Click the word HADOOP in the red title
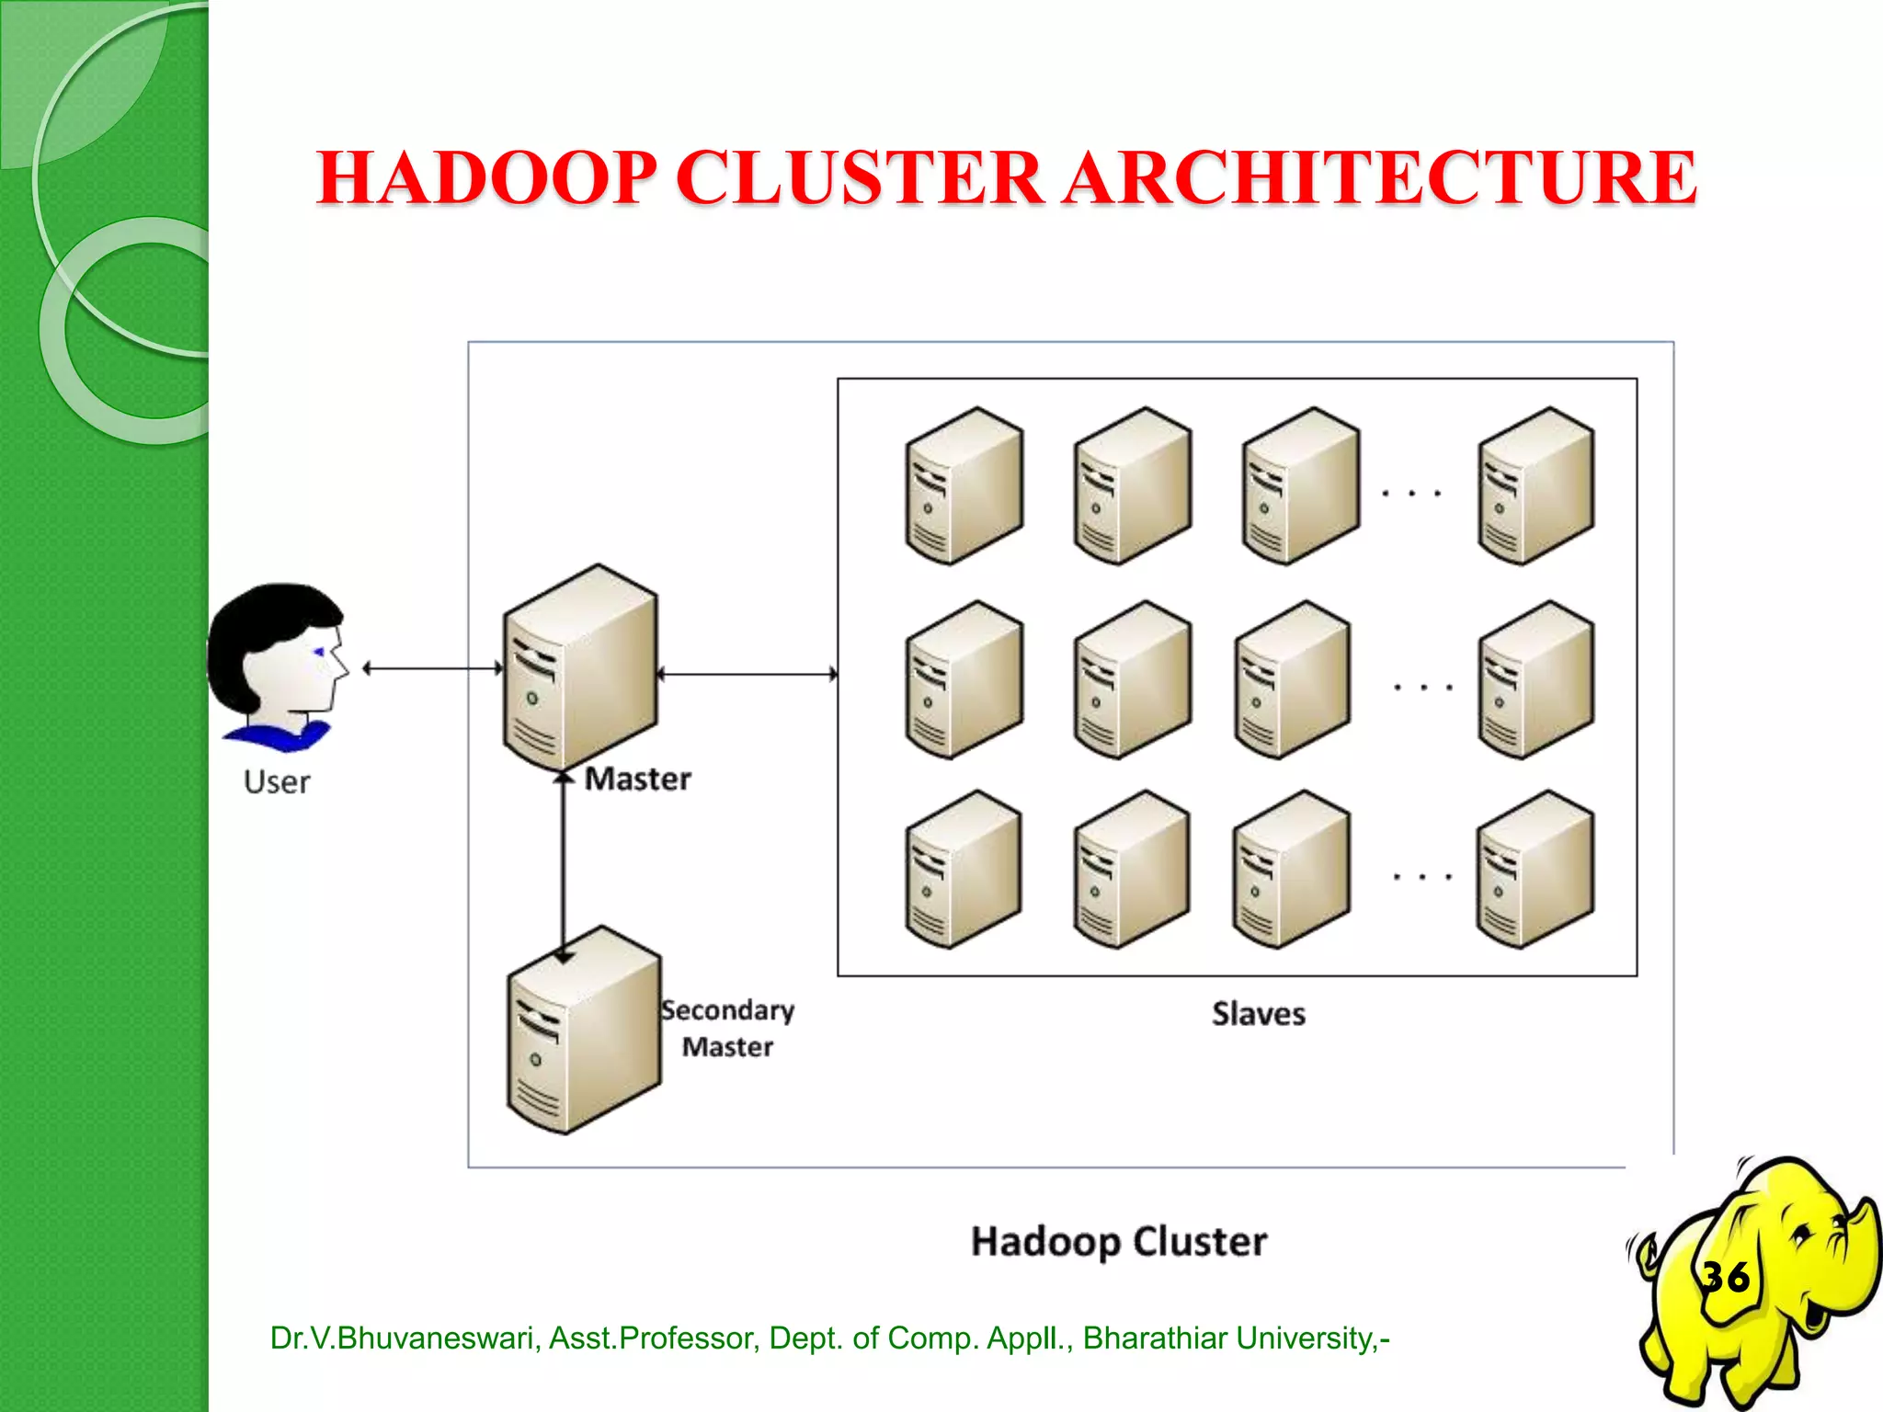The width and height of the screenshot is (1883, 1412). click(x=486, y=177)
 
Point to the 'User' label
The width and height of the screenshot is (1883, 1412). click(x=277, y=782)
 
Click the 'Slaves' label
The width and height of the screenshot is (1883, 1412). click(x=1258, y=1014)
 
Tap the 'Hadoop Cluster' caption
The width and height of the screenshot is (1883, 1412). click(x=1119, y=1242)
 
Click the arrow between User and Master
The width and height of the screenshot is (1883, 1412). click(x=432, y=668)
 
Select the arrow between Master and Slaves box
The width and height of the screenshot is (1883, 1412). click(x=747, y=674)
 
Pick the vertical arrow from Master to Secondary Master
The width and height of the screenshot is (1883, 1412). click(x=564, y=864)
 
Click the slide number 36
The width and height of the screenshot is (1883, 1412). click(x=1726, y=1277)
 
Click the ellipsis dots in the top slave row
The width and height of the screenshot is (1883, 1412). click(x=1411, y=494)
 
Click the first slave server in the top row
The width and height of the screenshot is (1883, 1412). click(x=963, y=486)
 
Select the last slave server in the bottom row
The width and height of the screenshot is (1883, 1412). click(x=1535, y=870)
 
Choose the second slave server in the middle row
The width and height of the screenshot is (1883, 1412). click(x=1132, y=680)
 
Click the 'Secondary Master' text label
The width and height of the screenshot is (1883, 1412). click(x=727, y=1029)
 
